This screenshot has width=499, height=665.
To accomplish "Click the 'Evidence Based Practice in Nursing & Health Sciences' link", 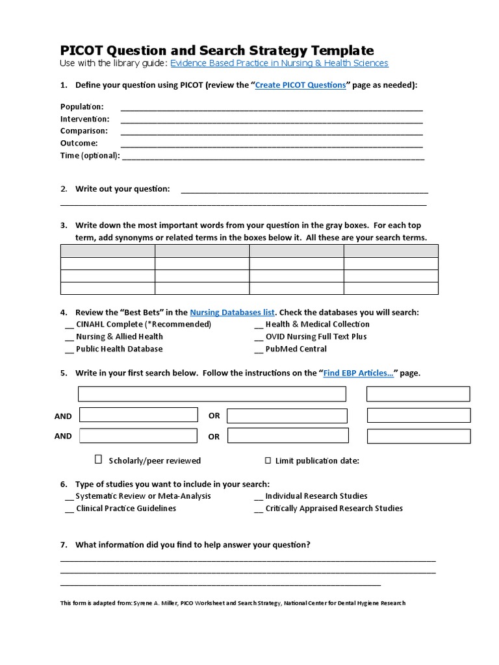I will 279,63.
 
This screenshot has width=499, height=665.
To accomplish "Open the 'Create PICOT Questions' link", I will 300,85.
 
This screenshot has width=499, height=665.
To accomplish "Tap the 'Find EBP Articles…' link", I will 359,373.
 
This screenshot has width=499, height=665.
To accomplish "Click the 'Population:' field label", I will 82,107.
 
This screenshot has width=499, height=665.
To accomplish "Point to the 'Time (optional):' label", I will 90,155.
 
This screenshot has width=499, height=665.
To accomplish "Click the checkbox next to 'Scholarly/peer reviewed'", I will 99,460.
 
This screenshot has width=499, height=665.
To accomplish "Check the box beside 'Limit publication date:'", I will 268,461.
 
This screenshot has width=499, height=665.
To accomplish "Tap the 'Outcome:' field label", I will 79,143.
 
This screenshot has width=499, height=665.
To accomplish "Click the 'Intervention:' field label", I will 85,119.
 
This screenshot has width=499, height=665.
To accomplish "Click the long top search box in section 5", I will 212,394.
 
